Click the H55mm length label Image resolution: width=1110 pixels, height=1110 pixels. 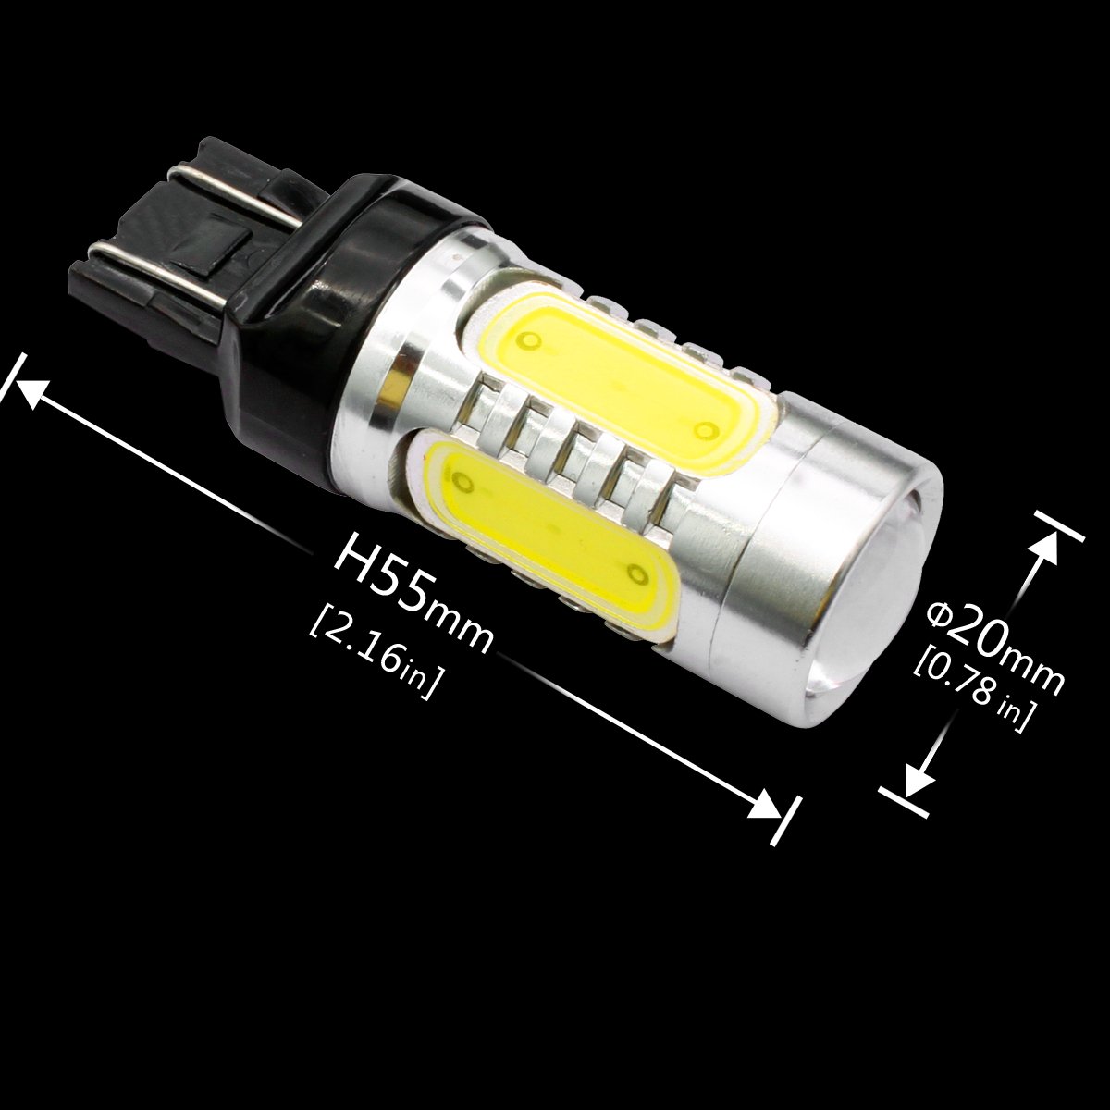click(x=413, y=602)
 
